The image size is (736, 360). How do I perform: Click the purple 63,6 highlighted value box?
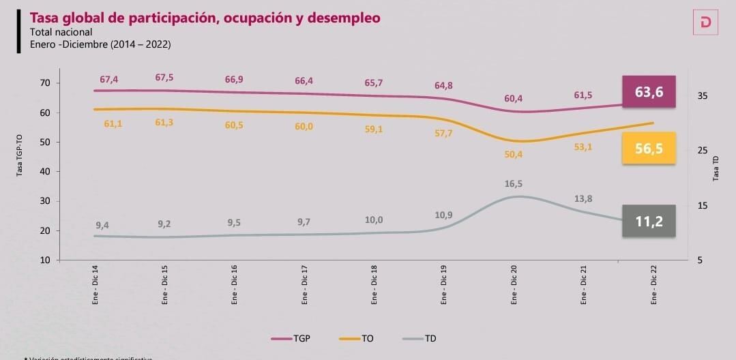point(649,92)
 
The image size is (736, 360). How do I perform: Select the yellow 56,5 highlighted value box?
point(649,149)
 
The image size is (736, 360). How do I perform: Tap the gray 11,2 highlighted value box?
point(649,221)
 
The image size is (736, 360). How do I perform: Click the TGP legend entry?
point(291,338)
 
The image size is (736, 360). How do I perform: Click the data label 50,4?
point(513,154)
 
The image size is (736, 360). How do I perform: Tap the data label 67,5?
point(164,78)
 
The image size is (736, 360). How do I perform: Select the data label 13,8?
point(583,198)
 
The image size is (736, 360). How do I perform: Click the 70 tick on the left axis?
point(46,83)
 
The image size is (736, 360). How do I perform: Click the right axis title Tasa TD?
point(716,166)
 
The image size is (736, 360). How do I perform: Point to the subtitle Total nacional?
point(61,32)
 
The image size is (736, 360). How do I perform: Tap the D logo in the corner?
point(705,23)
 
